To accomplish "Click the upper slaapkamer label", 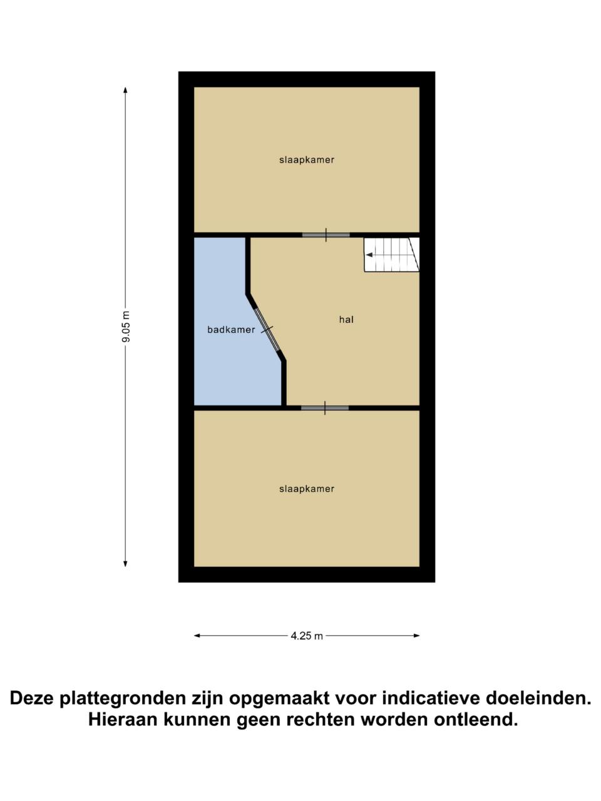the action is click(x=307, y=160).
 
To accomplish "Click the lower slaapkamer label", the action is click(x=307, y=489).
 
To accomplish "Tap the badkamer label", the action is click(x=231, y=330).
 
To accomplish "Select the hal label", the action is click(x=346, y=320).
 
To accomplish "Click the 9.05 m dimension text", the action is click(x=126, y=327).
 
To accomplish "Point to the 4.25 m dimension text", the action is click(x=307, y=636).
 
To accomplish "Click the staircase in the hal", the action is click(x=391, y=254).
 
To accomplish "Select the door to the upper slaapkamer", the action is click(x=326, y=235).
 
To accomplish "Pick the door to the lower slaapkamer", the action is click(x=325, y=408).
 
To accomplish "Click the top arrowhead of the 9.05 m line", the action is click(x=125, y=91).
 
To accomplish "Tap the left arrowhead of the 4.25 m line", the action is click(x=197, y=636).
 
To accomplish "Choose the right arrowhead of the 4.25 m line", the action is click(x=416, y=636).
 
